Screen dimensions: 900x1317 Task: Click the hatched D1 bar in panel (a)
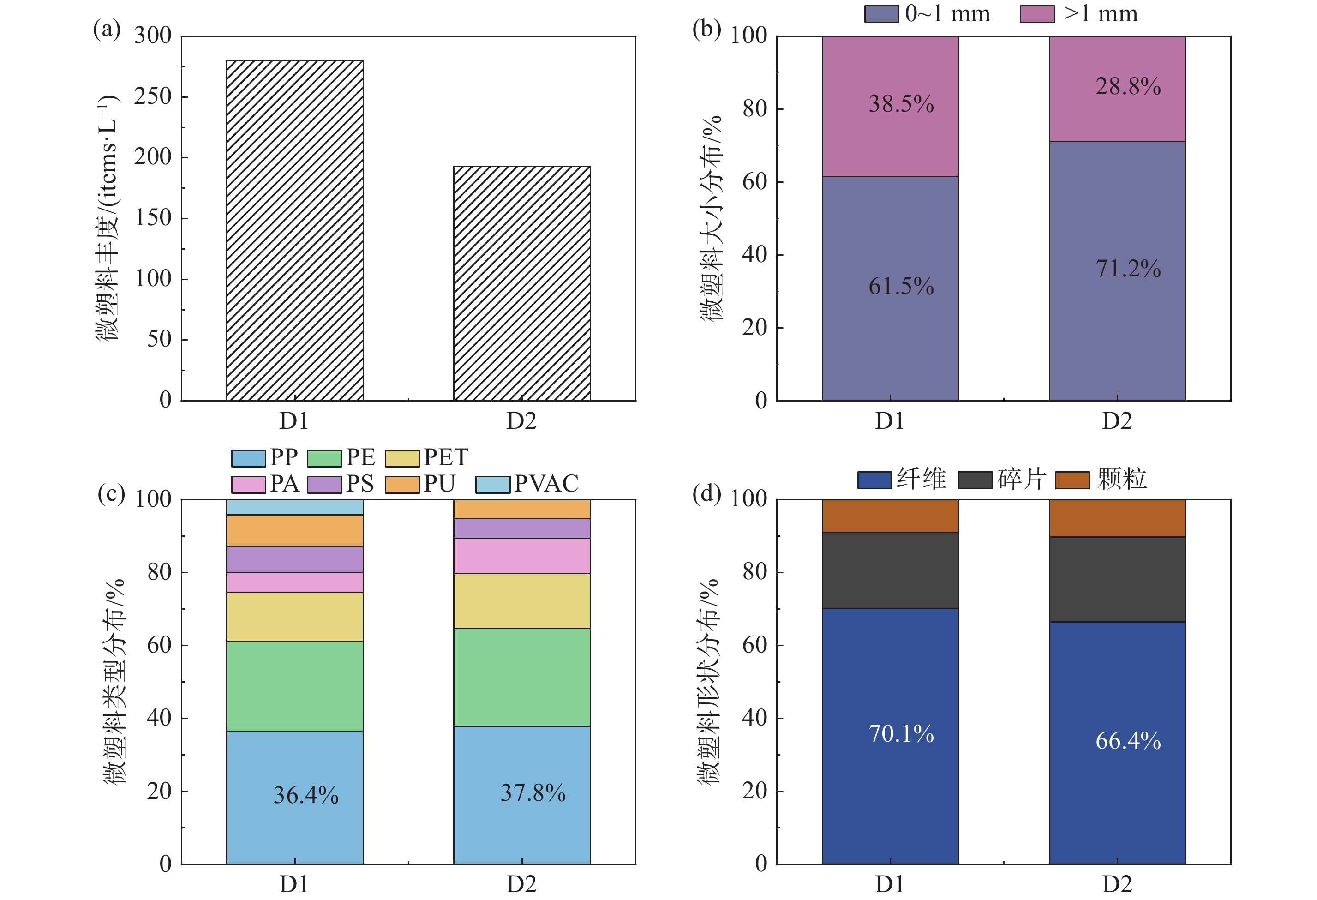click(295, 230)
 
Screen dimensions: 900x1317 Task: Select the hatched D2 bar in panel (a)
click(521, 283)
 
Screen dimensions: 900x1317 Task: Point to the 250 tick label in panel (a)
click(152, 96)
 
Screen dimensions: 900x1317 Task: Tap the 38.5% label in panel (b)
click(901, 104)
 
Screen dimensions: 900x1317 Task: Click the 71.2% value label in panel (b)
click(1128, 269)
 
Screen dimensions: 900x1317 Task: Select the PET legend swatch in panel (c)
click(402, 458)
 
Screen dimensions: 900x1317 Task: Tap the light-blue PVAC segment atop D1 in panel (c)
click(295, 507)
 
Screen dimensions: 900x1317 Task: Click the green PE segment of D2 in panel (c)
click(521, 677)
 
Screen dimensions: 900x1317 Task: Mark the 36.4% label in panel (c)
click(306, 795)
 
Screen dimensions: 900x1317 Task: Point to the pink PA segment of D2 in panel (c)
click(521, 555)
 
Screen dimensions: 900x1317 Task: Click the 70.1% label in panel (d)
click(901, 734)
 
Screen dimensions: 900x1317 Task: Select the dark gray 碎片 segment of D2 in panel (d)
click(1117, 579)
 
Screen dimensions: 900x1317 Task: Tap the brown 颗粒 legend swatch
click(1072, 480)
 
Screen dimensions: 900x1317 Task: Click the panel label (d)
click(706, 494)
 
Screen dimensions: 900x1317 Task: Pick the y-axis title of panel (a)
click(107, 218)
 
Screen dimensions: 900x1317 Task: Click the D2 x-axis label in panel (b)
click(1116, 421)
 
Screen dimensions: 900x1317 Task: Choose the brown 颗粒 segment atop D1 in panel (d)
click(890, 515)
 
